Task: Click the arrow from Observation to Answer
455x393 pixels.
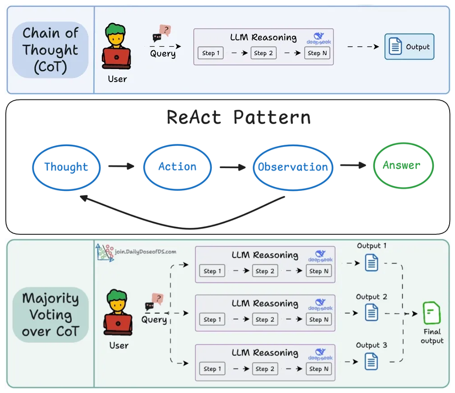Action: (353, 165)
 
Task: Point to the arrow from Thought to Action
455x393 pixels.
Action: (121, 166)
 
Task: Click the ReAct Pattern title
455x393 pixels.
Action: (239, 117)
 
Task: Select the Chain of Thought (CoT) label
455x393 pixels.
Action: (50, 50)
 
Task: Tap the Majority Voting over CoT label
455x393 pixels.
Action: (51, 315)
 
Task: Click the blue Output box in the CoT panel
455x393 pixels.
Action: (409, 47)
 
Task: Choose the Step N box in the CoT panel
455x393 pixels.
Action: (317, 53)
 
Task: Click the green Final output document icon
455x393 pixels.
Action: (432, 313)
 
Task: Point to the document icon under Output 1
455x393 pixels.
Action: (372, 263)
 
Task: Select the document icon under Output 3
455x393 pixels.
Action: (372, 362)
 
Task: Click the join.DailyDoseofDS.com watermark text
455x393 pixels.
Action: (145, 251)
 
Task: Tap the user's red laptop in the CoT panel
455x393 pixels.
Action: (116, 58)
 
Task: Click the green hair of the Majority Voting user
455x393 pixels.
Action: (117, 297)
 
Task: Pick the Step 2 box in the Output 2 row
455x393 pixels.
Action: (265, 320)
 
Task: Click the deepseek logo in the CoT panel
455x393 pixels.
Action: (319, 39)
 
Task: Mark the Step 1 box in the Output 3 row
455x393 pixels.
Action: (212, 369)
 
